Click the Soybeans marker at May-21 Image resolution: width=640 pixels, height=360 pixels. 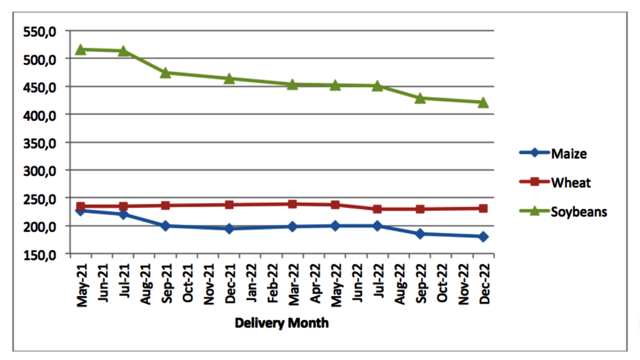coord(81,49)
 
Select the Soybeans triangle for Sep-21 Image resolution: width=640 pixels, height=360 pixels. coord(165,73)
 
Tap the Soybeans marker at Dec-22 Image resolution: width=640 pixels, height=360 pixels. coord(483,102)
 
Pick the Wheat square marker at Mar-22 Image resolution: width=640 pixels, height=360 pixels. coord(292,204)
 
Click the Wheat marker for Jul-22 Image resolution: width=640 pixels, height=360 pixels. coord(377,209)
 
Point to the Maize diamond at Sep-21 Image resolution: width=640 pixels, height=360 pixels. coord(165,226)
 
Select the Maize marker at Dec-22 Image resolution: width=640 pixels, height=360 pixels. coord(483,236)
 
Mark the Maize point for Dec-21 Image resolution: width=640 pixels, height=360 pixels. coord(229,228)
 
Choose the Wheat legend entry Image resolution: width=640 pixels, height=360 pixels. coord(571,182)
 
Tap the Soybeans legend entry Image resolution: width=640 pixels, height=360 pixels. coord(579,211)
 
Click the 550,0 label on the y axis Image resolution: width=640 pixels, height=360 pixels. coord(40,31)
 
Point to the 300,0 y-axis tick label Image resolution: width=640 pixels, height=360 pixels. coord(40,170)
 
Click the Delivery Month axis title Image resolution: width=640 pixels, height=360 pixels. coord(282,323)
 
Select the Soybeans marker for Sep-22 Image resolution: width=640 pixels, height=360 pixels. coord(420,98)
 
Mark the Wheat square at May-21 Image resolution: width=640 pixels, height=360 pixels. coord(81,206)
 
